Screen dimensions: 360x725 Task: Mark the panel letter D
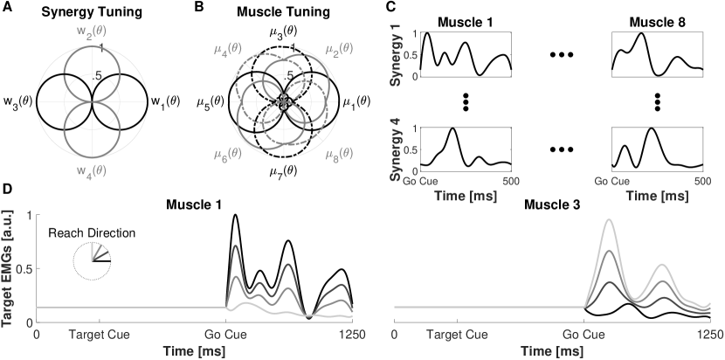tap(7, 190)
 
